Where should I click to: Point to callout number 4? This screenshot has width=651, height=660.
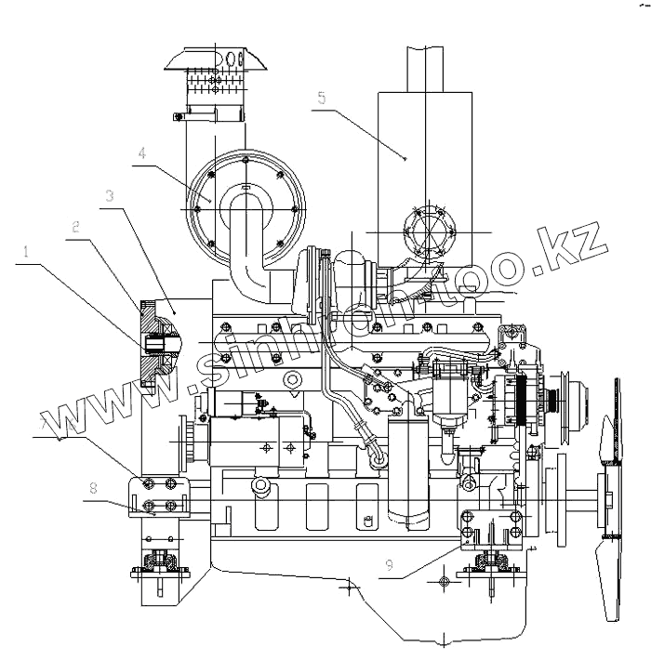click(141, 152)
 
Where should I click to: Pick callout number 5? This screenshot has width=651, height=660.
click(321, 97)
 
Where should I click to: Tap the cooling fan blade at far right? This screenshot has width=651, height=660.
click(613, 502)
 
